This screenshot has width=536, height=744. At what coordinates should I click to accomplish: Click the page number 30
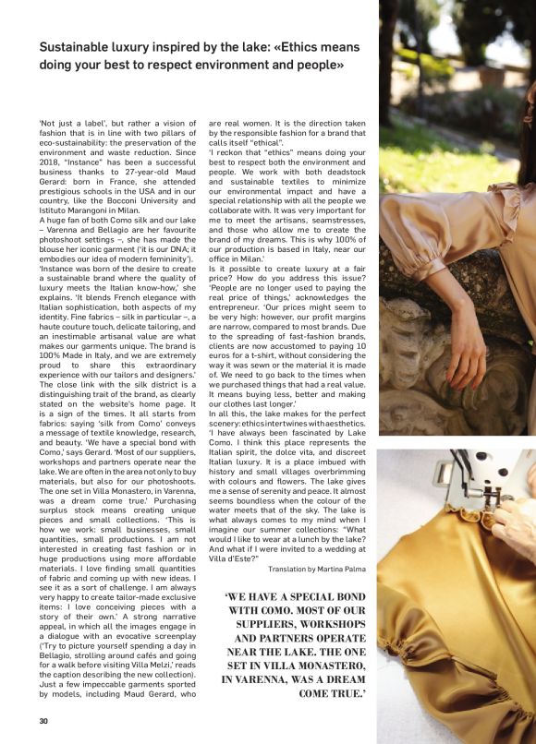(43, 721)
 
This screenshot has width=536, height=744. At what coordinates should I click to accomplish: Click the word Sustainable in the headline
(77, 47)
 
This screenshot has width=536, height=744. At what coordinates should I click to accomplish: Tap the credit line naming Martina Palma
(317, 569)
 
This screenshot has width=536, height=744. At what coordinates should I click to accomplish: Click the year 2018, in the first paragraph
(49, 171)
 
